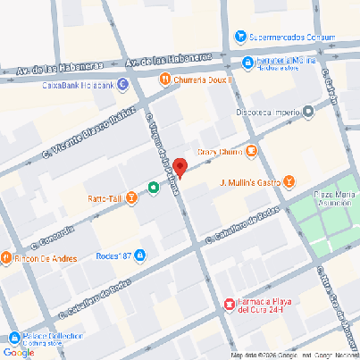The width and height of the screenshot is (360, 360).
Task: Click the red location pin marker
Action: click(180, 167)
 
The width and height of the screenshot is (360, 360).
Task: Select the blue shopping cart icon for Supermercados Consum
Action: click(240, 37)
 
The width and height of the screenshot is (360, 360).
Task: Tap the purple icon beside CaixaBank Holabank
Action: click(122, 86)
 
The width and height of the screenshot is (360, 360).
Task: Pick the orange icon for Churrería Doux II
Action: click(165, 79)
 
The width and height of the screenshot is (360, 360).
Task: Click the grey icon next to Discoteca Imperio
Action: click(308, 112)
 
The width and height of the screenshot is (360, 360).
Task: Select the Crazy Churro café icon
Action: click(251, 151)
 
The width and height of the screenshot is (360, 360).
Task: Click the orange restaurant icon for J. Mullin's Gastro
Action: click(289, 183)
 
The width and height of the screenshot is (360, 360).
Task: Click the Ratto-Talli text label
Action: click(105, 197)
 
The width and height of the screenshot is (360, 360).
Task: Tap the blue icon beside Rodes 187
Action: click(139, 256)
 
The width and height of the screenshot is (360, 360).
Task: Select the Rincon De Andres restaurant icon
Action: click(6, 258)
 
